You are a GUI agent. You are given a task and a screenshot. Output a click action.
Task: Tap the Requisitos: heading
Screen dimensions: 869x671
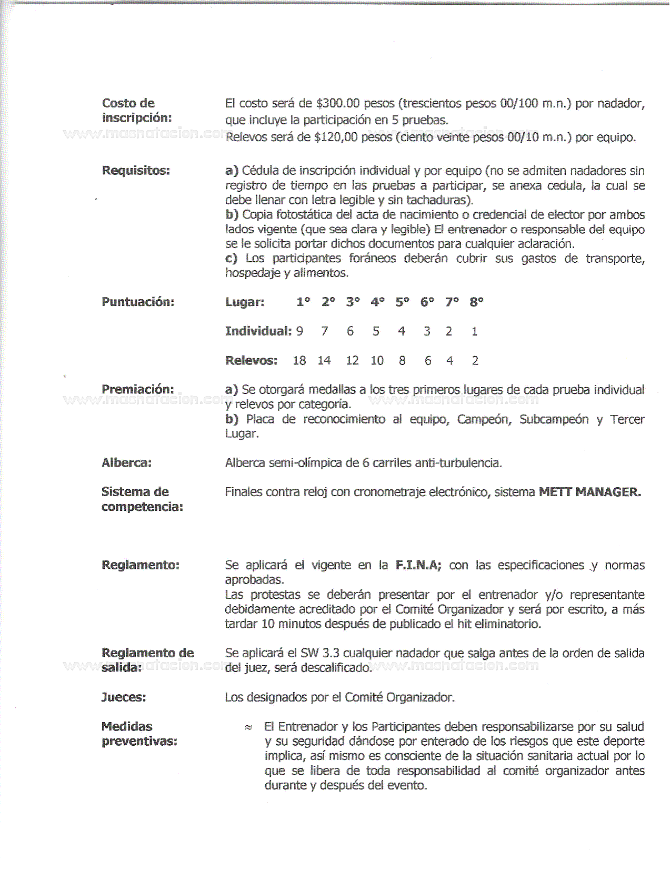tap(136, 171)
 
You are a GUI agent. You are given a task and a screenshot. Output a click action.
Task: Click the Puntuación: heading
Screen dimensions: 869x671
tap(138, 302)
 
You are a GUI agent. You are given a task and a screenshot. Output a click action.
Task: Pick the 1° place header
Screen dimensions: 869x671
tap(303, 302)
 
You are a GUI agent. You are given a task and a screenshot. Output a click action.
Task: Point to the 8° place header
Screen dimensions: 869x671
tap(476, 302)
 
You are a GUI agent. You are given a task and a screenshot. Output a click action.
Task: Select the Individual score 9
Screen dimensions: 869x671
tap(299, 331)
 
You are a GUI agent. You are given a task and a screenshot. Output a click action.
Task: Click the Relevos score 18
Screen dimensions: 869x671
tap(299, 361)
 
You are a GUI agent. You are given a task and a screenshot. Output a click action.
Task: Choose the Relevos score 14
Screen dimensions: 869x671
tap(324, 361)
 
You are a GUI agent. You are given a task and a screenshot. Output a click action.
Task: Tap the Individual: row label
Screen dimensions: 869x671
tap(258, 331)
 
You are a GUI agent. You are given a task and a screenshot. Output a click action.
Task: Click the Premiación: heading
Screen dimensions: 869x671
tap(137, 390)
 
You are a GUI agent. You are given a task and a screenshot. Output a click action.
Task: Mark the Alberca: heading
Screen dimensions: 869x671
tap(126, 463)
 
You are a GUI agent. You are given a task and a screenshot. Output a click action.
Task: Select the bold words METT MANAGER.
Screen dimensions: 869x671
tap(590, 492)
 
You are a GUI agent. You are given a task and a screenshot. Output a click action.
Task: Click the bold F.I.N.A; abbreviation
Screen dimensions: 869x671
tap(418, 566)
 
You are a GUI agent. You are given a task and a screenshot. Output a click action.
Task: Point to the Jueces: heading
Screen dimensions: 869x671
tap(124, 698)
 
